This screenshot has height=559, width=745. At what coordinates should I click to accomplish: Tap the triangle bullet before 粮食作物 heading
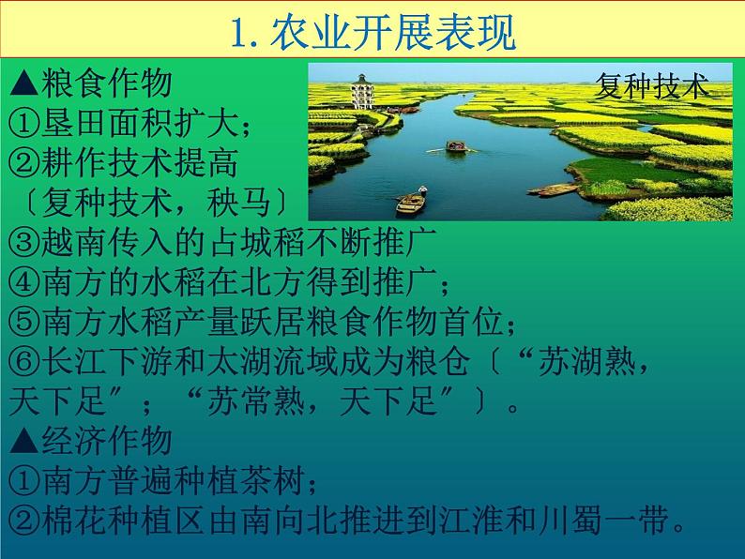(x=23, y=85)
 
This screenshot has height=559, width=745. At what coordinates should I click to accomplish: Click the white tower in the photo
(x=360, y=91)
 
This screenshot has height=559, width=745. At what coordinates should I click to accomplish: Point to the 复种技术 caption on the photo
(x=651, y=87)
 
